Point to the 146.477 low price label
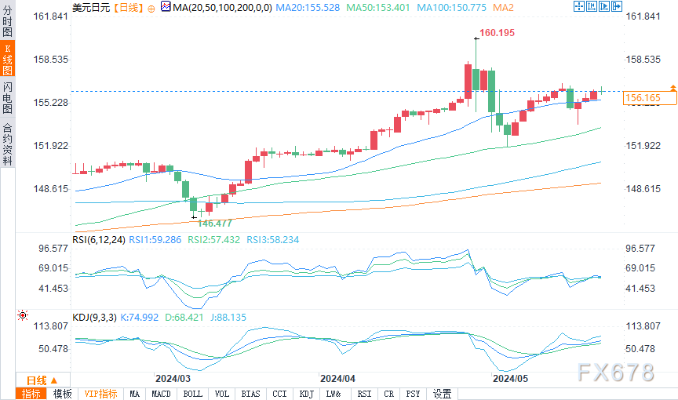(x=214, y=223)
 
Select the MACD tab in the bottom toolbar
(x=161, y=394)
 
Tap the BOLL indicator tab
(x=192, y=394)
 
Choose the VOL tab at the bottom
(x=222, y=394)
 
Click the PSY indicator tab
(x=413, y=394)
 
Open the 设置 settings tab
(x=442, y=394)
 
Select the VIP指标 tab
(x=100, y=394)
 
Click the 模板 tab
(x=62, y=394)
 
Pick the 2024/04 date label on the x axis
(x=338, y=377)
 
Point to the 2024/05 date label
(x=511, y=377)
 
